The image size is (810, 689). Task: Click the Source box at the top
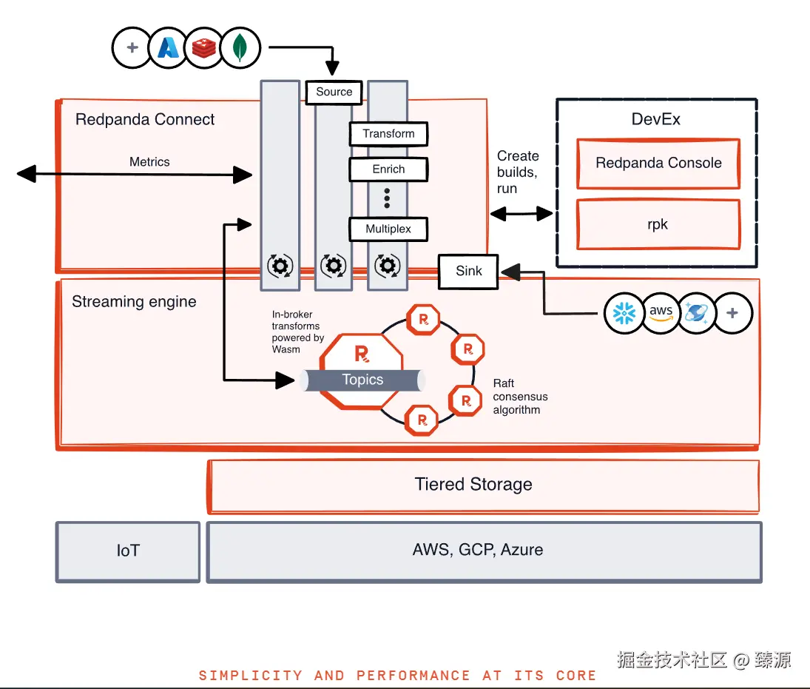pos(334,92)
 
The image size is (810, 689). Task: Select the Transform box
pos(388,134)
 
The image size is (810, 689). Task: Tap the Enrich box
pos(388,169)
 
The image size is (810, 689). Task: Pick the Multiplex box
pos(388,229)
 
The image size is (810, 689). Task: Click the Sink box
pos(468,271)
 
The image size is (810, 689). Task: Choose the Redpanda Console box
pos(658,164)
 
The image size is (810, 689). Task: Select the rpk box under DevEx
pos(658,224)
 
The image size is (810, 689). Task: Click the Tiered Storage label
pos(473,485)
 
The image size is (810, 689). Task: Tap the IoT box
pos(128,551)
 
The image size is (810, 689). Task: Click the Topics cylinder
pos(362,380)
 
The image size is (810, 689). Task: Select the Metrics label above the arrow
pos(149,161)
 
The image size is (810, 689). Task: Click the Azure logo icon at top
pos(168,49)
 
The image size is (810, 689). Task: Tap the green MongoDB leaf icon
pos(240,49)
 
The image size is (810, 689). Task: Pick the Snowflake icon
pos(624,313)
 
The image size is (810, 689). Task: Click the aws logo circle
pos(661,313)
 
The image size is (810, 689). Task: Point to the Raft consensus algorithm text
pos(520,397)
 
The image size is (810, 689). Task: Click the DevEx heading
pos(656,119)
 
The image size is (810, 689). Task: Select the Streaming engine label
pos(134,302)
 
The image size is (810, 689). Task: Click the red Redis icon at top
pos(203,49)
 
